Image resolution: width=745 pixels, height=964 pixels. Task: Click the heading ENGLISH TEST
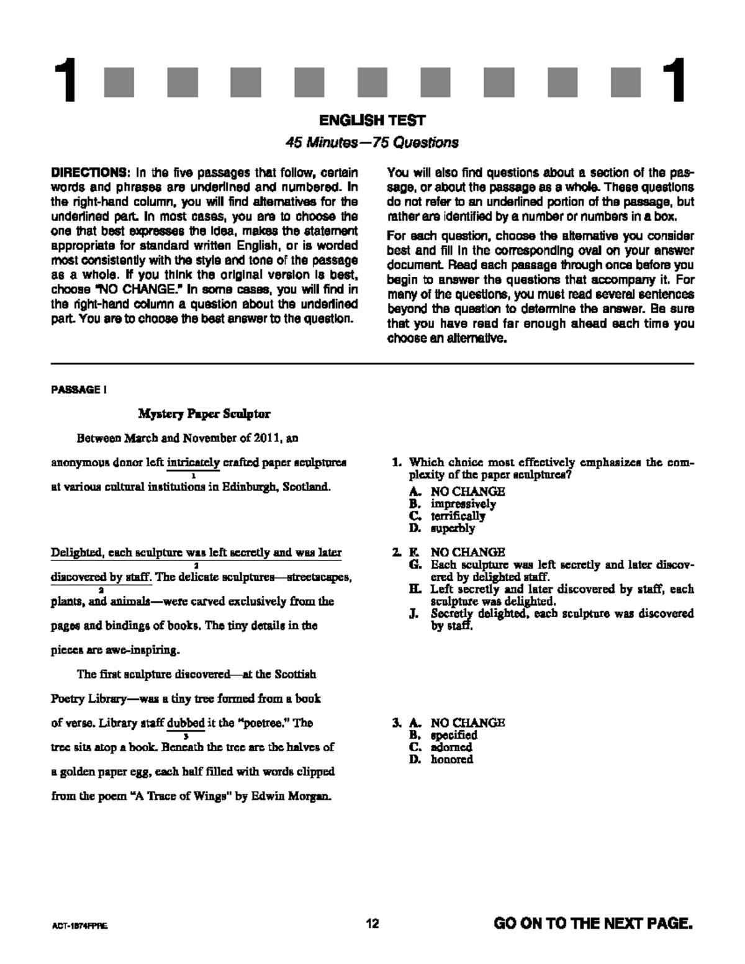coord(372,120)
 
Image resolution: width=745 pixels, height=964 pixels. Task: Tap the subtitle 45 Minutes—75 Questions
coord(372,143)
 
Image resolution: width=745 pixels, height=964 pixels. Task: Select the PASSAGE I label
coord(79,390)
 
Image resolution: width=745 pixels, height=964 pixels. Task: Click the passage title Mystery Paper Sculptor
coord(204,413)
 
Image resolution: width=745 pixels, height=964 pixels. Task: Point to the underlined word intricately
coord(193,462)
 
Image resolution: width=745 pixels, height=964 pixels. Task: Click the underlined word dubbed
coord(186,723)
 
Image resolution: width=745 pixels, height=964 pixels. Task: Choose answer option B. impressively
coord(456,504)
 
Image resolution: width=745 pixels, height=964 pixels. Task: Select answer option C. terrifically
coord(451,516)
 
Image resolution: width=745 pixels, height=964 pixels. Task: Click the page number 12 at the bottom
coord(372,924)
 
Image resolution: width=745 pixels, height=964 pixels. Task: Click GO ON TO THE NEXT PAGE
coord(592,924)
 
